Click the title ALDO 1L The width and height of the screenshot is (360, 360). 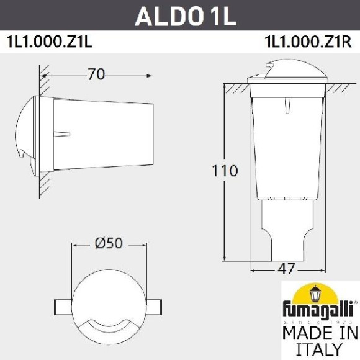[x=186, y=17]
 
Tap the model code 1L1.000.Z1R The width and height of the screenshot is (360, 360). [x=308, y=43]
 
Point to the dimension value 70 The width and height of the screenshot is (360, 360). [x=96, y=74]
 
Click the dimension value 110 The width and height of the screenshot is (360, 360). [x=225, y=171]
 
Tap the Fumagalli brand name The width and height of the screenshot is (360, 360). [x=317, y=308]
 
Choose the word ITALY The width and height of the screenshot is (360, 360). [x=317, y=349]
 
